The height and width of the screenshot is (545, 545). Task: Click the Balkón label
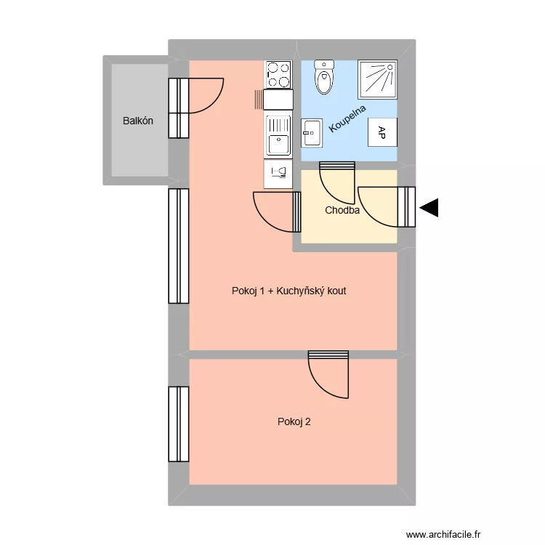[x=138, y=121]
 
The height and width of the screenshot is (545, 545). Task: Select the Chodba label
[x=342, y=211]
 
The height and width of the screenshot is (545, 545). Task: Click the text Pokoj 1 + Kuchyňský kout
[x=288, y=291]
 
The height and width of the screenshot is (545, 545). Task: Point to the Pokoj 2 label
[x=294, y=421]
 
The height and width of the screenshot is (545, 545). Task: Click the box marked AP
[x=382, y=132]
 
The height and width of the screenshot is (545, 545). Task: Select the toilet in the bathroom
[x=324, y=77]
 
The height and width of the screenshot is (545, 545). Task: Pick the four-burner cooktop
[x=278, y=74]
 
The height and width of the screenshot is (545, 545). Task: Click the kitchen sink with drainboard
[x=278, y=135]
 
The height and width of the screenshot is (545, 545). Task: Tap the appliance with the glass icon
[x=278, y=173]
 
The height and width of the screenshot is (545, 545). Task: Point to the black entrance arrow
[x=429, y=209]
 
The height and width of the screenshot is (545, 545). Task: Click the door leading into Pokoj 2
[x=328, y=374]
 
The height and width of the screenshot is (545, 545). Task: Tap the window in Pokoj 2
[x=179, y=424]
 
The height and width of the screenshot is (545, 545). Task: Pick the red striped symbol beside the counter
[x=258, y=100]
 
